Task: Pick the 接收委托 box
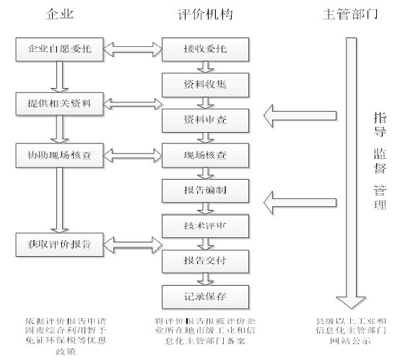(x=205, y=49)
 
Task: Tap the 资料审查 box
(x=205, y=118)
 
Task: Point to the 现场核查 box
(x=205, y=154)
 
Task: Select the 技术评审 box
(x=205, y=224)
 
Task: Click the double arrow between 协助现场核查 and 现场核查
(x=133, y=154)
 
